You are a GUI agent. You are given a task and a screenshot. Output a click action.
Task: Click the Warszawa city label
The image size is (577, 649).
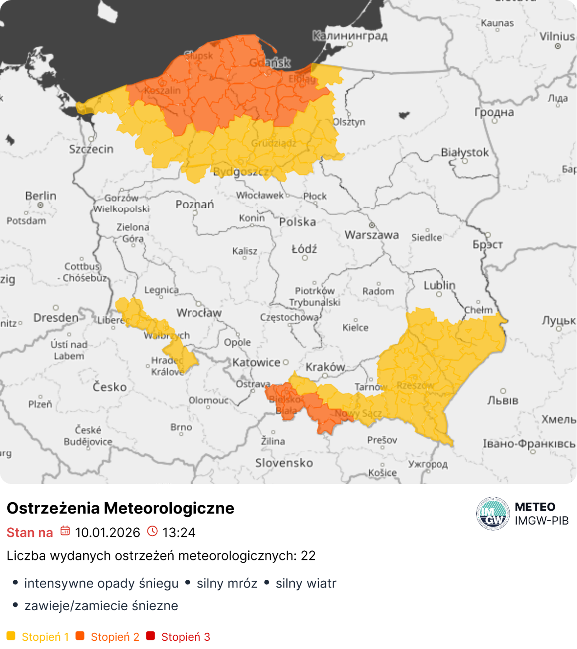click(x=372, y=235)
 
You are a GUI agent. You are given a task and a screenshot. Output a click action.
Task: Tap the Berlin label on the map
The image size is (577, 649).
click(x=41, y=196)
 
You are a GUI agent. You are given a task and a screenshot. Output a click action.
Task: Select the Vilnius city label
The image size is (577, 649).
click(x=557, y=36)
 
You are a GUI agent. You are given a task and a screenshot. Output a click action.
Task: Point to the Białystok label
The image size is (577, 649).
click(x=465, y=152)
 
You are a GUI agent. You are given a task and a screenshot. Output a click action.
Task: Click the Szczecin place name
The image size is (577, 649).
click(x=91, y=149)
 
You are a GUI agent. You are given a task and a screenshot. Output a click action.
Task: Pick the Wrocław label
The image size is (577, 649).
click(x=199, y=313)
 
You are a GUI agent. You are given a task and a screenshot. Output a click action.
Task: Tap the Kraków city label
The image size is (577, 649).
click(x=326, y=367)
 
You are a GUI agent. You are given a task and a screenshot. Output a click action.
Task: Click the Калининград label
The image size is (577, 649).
click(x=350, y=36)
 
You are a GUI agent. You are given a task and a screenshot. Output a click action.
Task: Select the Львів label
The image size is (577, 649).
click(x=502, y=400)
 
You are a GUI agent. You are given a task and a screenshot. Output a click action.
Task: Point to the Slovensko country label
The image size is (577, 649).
click(x=284, y=463)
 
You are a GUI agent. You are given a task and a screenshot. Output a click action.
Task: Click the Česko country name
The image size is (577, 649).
click(x=109, y=387)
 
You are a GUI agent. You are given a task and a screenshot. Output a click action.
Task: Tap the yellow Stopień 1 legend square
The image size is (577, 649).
click(x=11, y=636)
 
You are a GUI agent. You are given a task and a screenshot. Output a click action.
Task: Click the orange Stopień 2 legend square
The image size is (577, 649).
click(x=80, y=636)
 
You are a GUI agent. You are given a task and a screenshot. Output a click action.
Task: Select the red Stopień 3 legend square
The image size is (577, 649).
click(x=151, y=636)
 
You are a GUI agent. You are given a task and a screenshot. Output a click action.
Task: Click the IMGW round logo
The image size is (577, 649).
click(x=493, y=514)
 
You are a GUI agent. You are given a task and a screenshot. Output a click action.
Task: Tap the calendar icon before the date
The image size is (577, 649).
click(x=65, y=531)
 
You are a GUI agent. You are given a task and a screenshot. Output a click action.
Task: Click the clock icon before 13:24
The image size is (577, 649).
click(x=152, y=531)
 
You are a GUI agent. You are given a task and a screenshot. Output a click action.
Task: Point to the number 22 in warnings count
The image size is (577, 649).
click(x=308, y=555)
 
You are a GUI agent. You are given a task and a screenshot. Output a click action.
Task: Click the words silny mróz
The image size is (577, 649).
click(x=227, y=583)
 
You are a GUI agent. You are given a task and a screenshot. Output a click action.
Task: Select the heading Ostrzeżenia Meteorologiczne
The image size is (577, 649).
click(x=120, y=508)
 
